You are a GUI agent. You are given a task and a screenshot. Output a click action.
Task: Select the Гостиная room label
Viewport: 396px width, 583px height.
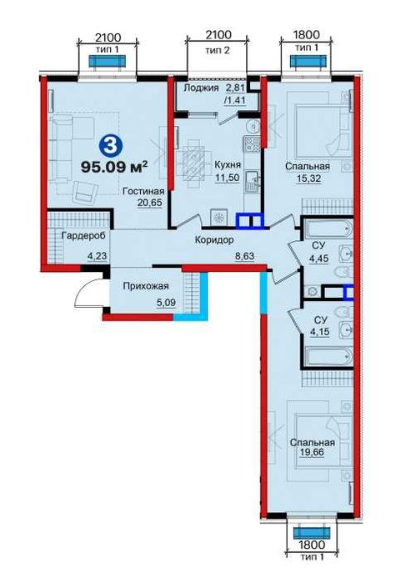click(143, 191)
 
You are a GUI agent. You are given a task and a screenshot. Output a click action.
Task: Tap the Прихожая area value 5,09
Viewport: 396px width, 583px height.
click(166, 302)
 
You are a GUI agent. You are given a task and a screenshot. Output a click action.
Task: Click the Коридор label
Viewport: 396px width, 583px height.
click(214, 240)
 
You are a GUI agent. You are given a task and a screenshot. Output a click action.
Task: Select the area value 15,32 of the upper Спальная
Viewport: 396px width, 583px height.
click(308, 178)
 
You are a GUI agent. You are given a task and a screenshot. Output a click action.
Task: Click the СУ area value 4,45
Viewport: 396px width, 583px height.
click(319, 258)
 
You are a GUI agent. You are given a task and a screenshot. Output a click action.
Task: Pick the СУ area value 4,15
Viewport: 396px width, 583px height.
click(319, 332)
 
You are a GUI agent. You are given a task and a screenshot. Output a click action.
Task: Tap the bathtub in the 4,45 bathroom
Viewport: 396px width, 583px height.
click(328, 229)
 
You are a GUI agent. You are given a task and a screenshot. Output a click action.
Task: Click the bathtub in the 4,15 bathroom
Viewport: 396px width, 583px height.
click(328, 357)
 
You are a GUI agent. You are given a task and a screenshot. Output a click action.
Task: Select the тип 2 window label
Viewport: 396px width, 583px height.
click(218, 50)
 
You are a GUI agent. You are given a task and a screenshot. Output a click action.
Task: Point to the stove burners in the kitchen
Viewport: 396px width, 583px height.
click(253, 143)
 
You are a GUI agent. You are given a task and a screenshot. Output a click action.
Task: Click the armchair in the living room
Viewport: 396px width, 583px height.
click(84, 191)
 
